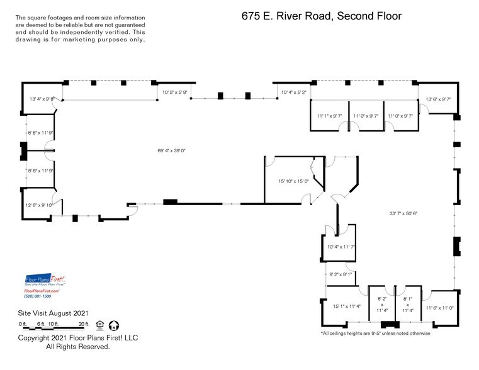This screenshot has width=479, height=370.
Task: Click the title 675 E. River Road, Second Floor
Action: (x=321, y=16)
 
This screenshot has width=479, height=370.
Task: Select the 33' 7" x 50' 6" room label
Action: (x=403, y=213)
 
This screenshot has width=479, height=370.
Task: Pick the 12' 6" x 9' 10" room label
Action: (x=38, y=205)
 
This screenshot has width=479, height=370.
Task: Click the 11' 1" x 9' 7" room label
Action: (x=329, y=116)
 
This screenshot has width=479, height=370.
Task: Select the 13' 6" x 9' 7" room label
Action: (x=439, y=99)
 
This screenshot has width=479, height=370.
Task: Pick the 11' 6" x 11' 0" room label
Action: (x=439, y=308)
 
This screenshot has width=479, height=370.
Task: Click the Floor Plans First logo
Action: (x=45, y=281)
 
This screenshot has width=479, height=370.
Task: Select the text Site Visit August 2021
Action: (x=52, y=313)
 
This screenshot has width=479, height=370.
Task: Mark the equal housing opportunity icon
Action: (x=99, y=325)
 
